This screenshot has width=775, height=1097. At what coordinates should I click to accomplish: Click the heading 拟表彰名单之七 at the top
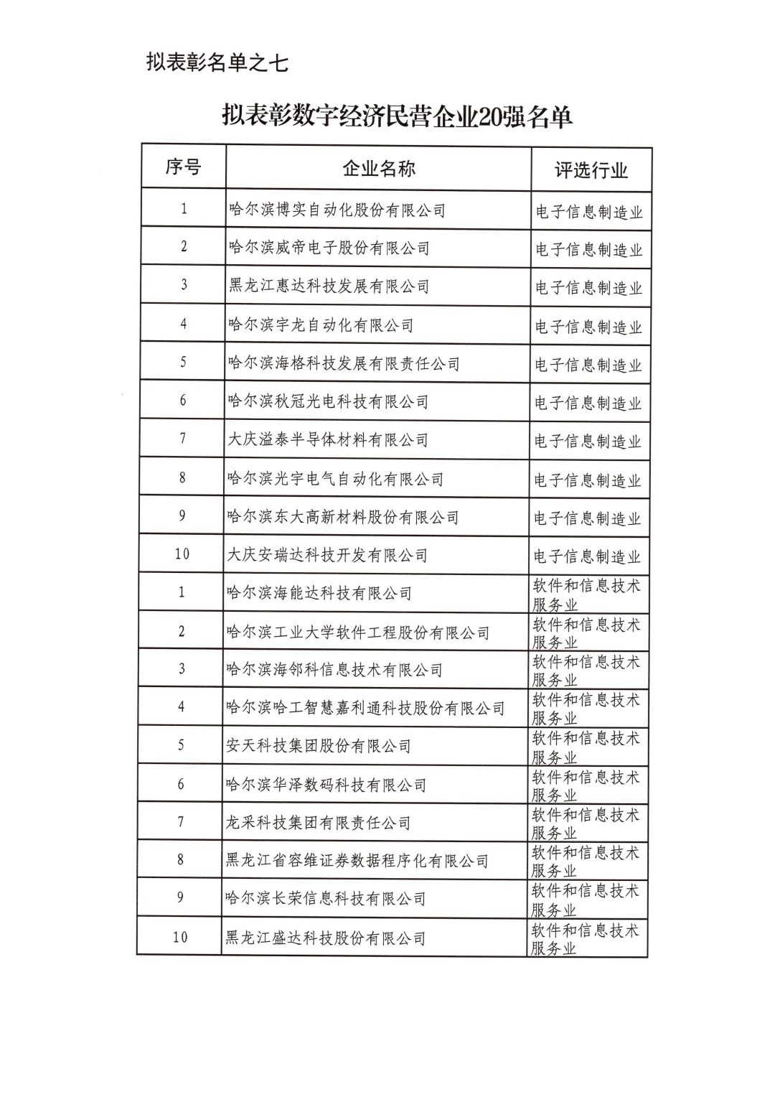tap(217, 62)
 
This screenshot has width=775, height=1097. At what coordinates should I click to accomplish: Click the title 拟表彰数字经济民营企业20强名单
tap(397, 116)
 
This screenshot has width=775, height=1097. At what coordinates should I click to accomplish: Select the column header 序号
tap(183, 167)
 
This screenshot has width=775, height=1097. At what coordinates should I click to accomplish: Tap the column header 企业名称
tap(378, 169)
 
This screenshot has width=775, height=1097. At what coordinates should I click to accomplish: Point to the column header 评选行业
tap(591, 170)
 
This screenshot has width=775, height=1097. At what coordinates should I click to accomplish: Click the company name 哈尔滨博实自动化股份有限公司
tap(337, 210)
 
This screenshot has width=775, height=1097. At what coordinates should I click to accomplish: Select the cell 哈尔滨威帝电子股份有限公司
tap(329, 248)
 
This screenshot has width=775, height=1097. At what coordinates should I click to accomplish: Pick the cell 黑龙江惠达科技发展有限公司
tap(329, 286)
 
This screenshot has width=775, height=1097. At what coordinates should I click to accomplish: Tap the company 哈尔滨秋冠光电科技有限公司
tap(328, 401)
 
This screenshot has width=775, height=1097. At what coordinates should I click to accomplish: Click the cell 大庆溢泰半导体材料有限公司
tap(328, 439)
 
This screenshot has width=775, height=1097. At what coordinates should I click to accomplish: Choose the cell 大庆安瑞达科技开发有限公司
tap(327, 555)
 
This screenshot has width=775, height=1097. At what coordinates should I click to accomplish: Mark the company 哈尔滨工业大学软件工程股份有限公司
tap(357, 632)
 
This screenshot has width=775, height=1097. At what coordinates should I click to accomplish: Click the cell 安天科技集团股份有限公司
tap(319, 746)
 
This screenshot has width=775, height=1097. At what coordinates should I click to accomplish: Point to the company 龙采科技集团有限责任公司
tap(319, 823)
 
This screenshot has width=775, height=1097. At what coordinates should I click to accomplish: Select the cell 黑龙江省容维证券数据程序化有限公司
tap(357, 861)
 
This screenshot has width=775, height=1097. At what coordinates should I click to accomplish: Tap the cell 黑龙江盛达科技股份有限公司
tap(325, 938)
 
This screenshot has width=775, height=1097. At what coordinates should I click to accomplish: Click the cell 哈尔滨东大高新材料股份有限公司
tap(343, 517)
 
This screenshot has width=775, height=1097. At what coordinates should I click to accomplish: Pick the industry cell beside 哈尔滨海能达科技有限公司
tap(586, 594)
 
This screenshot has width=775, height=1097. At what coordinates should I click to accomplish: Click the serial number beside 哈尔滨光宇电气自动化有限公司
tap(182, 477)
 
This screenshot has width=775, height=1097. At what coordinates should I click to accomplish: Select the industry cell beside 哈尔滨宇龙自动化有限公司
tap(588, 327)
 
